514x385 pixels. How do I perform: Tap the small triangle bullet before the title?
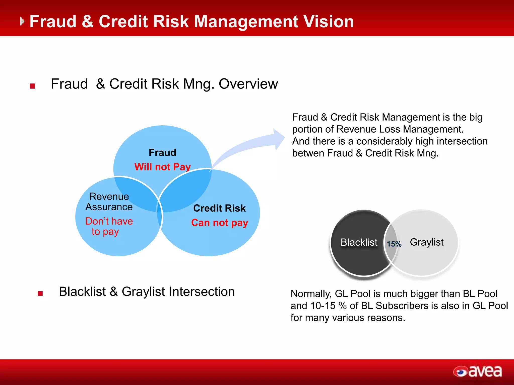[x=22, y=21]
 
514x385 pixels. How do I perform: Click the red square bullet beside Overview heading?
[x=32, y=86]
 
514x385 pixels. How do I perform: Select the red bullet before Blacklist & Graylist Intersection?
[x=40, y=293]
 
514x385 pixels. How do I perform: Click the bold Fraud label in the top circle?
[x=162, y=152]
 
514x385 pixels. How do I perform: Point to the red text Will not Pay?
[x=162, y=167]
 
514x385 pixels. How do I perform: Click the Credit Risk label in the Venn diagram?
[x=219, y=208]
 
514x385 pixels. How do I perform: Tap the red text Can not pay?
[x=219, y=223]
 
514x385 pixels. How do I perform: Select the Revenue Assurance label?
[x=109, y=202]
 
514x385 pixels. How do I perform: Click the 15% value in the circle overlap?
[x=394, y=244]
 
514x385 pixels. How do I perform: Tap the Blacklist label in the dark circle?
[x=359, y=242]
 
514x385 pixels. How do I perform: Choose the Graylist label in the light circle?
[x=427, y=242]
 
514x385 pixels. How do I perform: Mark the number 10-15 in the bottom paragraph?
[x=323, y=306]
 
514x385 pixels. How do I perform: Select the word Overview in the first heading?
[x=248, y=84]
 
